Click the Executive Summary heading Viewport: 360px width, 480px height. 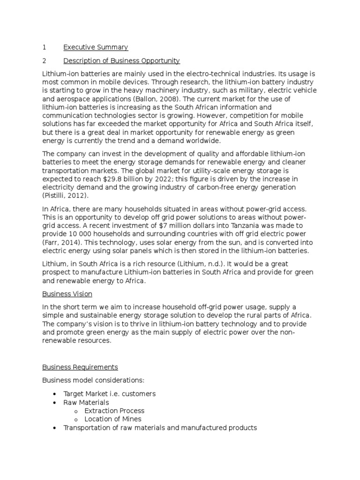(x=96, y=47)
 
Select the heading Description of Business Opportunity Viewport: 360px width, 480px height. (x=121, y=61)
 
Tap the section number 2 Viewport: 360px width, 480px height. (x=44, y=61)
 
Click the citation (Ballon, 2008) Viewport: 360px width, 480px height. (x=156, y=99)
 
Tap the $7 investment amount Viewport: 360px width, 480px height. (x=163, y=225)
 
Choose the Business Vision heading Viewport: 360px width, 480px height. (x=67, y=294)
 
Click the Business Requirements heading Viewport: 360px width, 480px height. (x=80, y=367)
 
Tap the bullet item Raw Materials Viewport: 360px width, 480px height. (x=86, y=403)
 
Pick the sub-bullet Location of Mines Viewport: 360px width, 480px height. (x=112, y=419)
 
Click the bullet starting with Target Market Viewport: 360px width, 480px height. (x=109, y=394)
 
